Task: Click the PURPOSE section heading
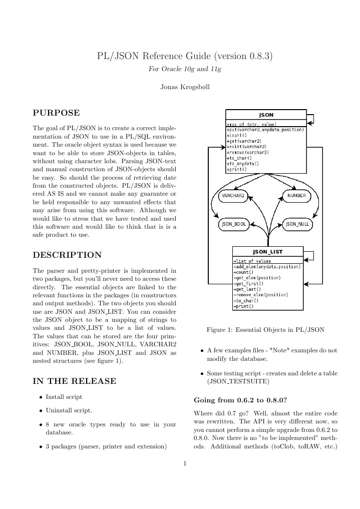56,113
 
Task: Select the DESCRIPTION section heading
67,255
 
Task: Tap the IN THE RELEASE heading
75,381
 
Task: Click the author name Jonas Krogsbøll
185,87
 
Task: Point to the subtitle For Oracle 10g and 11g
185,69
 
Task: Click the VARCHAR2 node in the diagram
233,196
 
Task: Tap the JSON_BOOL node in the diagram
233,224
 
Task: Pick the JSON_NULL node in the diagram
297,224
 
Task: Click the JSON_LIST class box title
267,252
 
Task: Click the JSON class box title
266,115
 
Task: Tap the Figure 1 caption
265,330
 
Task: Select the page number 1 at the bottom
185,463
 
